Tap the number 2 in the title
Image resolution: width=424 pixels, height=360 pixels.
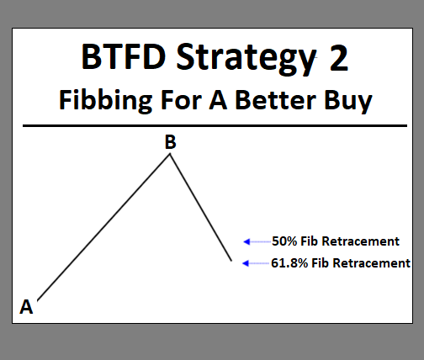[x=334, y=57]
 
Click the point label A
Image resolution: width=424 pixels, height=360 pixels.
[x=26, y=306]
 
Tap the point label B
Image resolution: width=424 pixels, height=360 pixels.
[x=170, y=143]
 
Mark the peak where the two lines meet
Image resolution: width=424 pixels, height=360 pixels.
[x=171, y=156]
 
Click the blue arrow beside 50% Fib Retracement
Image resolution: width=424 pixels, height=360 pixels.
[x=254, y=241]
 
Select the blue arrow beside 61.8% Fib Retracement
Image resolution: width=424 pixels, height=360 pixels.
[x=254, y=263]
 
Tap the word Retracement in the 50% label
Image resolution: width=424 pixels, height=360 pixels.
[x=363, y=241]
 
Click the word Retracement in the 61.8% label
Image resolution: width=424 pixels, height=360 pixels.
[x=374, y=263]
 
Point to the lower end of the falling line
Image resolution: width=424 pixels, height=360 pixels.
[x=231, y=261]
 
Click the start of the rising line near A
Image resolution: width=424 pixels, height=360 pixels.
[x=38, y=299]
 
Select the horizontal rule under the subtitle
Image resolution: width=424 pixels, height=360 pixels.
[x=209, y=125]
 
